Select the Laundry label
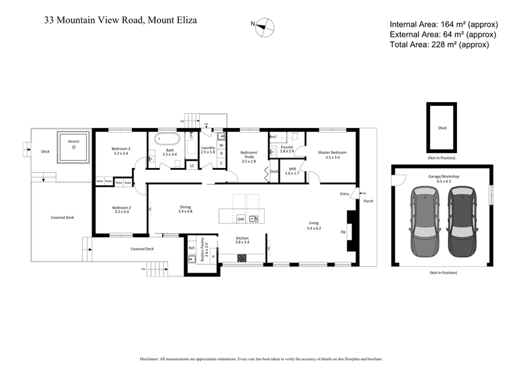[x=208, y=150]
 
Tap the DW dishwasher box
[x=241, y=219]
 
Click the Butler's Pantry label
[x=203, y=247]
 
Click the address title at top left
[x=120, y=20]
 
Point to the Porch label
[x=368, y=201]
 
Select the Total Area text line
[x=439, y=44]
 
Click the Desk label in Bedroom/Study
[x=273, y=172]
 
